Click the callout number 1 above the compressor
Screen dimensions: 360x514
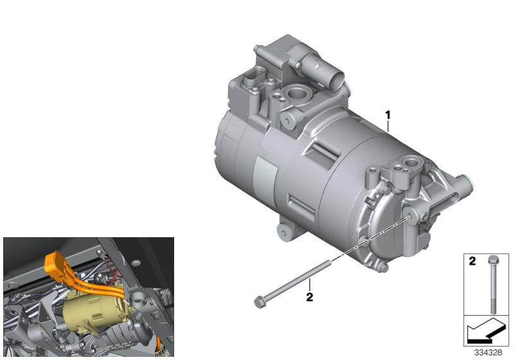[x=387, y=116]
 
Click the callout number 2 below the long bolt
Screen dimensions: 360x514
[x=309, y=298]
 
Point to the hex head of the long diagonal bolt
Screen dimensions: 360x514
[x=259, y=300]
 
